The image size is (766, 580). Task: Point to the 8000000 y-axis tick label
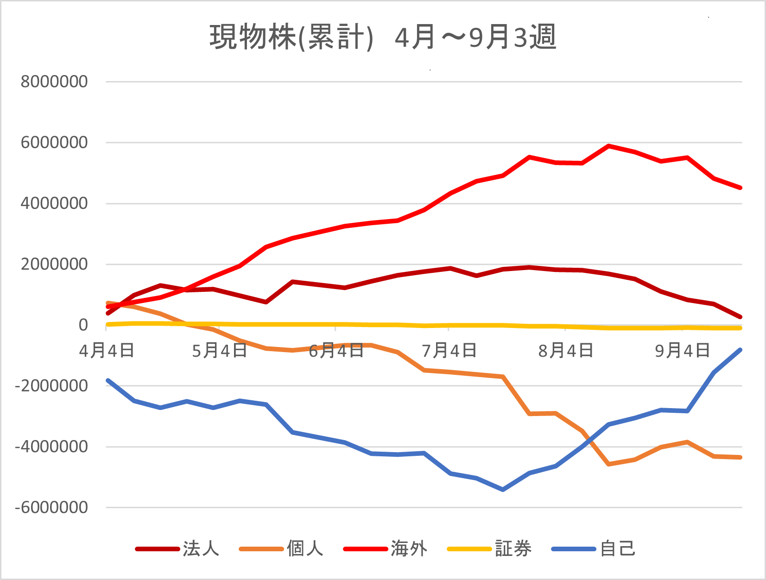pyautogui.click(x=54, y=82)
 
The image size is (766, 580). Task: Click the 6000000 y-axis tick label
pyautogui.click(x=54, y=143)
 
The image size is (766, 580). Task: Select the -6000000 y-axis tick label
pyautogui.click(x=51, y=508)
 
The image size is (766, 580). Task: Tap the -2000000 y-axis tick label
pyautogui.click(x=51, y=386)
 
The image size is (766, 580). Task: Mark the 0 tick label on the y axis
pyautogui.click(x=83, y=325)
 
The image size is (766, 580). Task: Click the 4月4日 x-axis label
pyautogui.click(x=107, y=351)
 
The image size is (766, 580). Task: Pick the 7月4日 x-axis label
pyautogui.click(x=449, y=351)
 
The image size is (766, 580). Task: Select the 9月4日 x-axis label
pyautogui.click(x=682, y=351)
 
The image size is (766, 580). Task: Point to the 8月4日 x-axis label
pyautogui.click(x=565, y=351)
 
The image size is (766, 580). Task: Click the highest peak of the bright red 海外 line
pyautogui.click(x=608, y=146)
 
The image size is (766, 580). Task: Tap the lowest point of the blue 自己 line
pyautogui.click(x=503, y=489)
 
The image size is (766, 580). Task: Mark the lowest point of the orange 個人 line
pyautogui.click(x=608, y=464)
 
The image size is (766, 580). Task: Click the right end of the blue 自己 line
pyautogui.click(x=740, y=350)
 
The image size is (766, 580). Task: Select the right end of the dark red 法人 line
pyautogui.click(x=740, y=317)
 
